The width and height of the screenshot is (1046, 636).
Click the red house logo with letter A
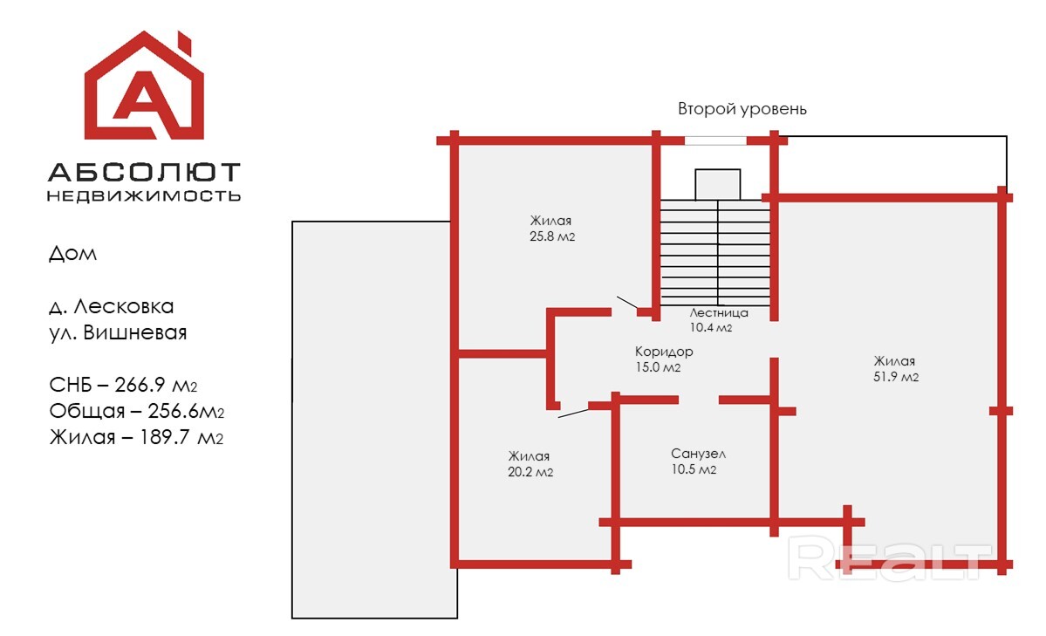pyautogui.click(x=144, y=85)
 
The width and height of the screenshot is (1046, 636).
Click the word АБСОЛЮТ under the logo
pyautogui.click(x=144, y=172)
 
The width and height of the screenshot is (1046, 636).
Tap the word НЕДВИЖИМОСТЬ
pyautogui.click(x=144, y=195)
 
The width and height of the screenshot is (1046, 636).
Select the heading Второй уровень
pyautogui.click(x=742, y=109)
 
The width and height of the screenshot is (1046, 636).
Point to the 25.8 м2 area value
pyautogui.click(x=552, y=236)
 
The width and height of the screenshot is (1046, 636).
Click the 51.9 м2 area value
pyautogui.click(x=896, y=377)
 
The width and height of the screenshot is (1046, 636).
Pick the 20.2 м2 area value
pyautogui.click(x=530, y=472)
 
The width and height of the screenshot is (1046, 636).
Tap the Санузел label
pyautogui.click(x=699, y=454)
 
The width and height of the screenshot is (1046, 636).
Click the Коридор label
pyautogui.click(x=664, y=352)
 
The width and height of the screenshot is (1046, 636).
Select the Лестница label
pyautogui.click(x=719, y=312)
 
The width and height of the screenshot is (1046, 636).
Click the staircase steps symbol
pyautogui.click(x=715, y=252)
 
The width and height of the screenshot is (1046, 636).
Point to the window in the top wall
pyautogui.click(x=715, y=140)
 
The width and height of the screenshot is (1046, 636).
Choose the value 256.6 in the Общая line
pyautogui.click(x=172, y=411)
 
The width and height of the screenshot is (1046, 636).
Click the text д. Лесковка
pyautogui.click(x=112, y=306)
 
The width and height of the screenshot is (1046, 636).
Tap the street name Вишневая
pyautogui.click(x=134, y=332)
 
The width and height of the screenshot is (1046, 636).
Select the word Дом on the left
pyautogui.click(x=72, y=254)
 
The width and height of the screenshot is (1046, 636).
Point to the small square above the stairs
pyautogui.click(x=718, y=185)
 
